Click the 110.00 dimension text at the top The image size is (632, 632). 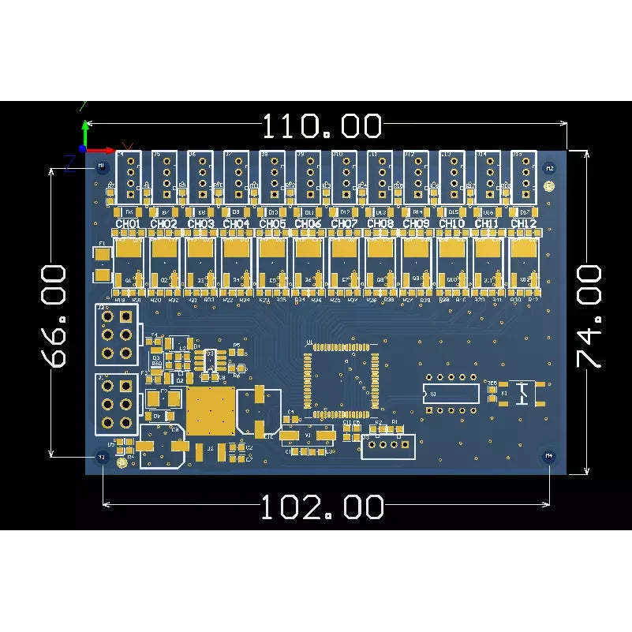click(x=322, y=126)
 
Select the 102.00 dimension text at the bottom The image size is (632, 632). click(x=322, y=507)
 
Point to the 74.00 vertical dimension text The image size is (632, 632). click(x=590, y=316)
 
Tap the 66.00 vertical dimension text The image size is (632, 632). click(x=54, y=316)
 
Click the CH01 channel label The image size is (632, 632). click(x=128, y=224)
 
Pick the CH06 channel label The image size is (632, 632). click(x=308, y=224)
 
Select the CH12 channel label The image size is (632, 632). click(x=523, y=224)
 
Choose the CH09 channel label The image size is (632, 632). click(x=416, y=224)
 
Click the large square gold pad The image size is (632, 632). click(x=211, y=411)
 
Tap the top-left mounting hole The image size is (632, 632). click(x=101, y=167)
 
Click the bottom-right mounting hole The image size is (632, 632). click(x=548, y=456)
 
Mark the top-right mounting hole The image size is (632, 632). click(x=550, y=167)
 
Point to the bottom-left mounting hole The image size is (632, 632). click(x=101, y=457)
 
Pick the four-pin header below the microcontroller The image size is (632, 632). click(x=387, y=447)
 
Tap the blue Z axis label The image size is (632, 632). click(x=69, y=164)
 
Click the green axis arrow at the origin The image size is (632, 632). click(x=85, y=130)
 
